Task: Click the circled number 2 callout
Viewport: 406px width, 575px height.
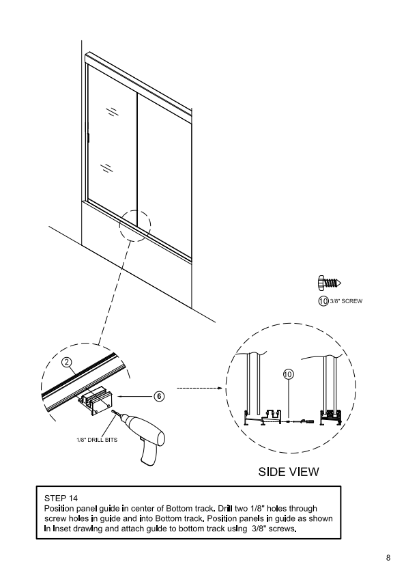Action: [66, 363]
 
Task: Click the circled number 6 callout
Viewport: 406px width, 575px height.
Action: [159, 396]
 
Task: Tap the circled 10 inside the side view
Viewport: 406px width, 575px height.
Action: [289, 374]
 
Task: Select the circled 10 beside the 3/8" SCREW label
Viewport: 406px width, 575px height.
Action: [323, 301]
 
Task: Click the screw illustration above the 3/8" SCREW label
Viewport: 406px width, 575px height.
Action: [330, 283]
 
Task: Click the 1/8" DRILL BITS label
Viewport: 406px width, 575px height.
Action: [97, 440]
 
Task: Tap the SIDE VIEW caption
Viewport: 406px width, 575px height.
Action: [289, 472]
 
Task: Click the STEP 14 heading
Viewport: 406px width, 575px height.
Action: [61, 498]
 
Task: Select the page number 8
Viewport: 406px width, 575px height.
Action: [388, 558]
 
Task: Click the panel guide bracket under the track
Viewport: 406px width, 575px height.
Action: [96, 400]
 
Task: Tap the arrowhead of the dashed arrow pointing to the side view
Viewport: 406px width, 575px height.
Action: [220, 388]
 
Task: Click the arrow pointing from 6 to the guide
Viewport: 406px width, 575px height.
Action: [135, 396]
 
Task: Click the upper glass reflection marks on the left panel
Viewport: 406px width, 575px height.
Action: [112, 111]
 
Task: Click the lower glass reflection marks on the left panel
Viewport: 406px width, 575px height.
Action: [106, 167]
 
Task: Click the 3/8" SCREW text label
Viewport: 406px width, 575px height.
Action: [346, 301]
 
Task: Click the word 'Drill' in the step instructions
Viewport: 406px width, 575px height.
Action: [225, 508]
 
